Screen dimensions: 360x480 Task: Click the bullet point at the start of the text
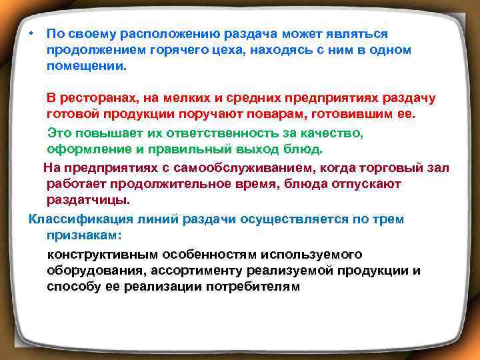click(x=31, y=33)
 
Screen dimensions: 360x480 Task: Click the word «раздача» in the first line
click(x=255, y=33)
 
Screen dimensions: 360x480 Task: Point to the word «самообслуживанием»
click(x=219, y=167)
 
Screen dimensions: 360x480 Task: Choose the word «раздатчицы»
click(x=89, y=199)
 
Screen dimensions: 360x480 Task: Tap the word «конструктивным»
click(x=107, y=255)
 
